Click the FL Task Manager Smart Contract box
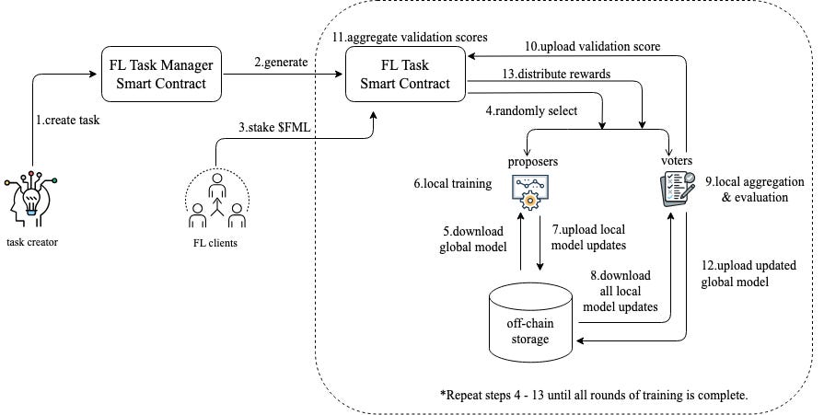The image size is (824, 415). point(161,75)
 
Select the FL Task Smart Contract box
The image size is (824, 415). point(405,75)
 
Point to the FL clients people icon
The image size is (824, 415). point(217,208)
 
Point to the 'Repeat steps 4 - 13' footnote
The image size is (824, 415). point(593,394)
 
